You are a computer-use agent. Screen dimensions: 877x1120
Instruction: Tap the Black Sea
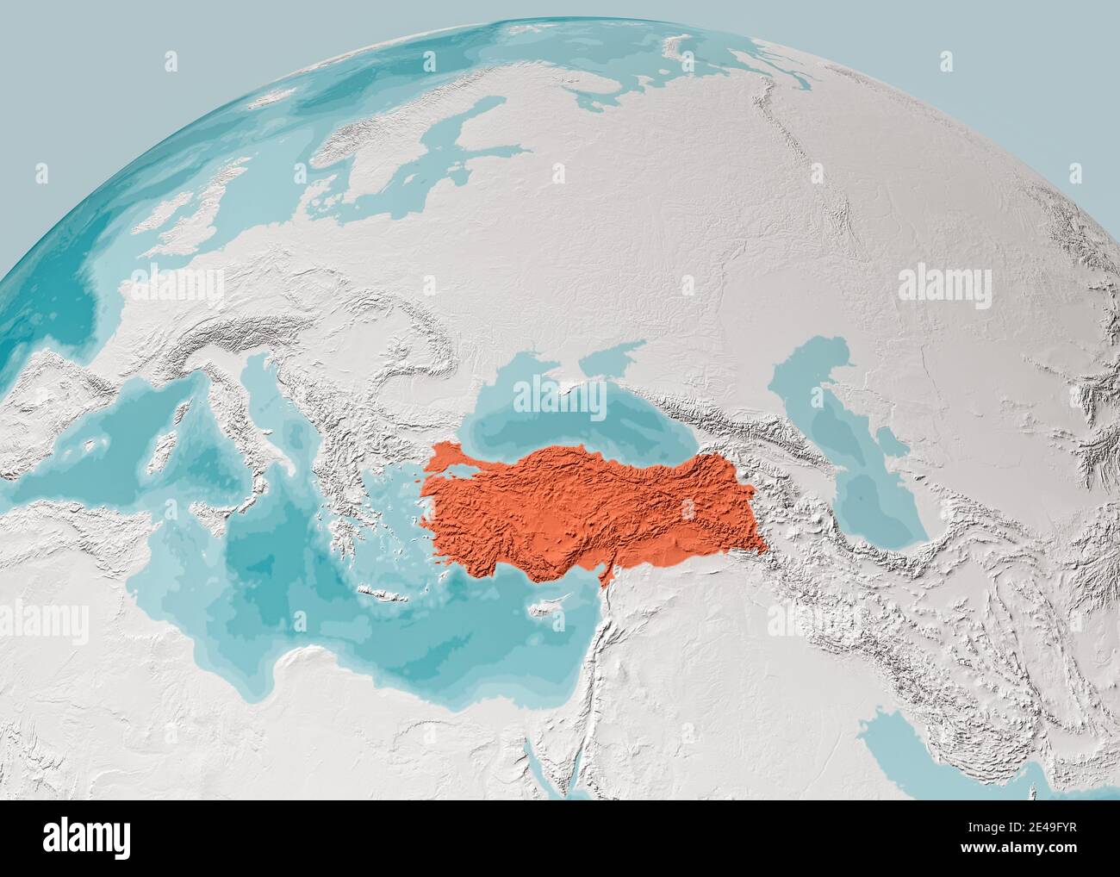coord(551,414)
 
